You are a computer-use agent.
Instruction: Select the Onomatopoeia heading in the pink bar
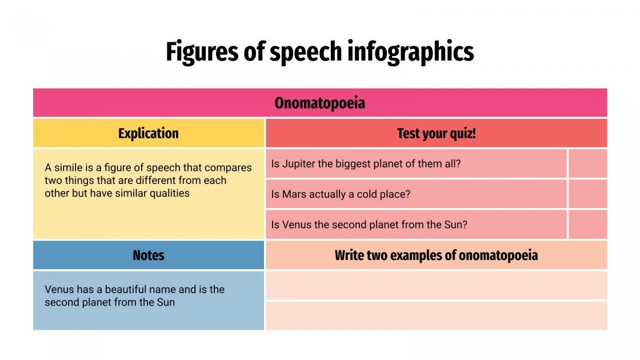319,103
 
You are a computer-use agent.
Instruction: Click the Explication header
149,134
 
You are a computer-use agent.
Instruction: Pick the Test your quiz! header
437,134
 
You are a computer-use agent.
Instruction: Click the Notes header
149,255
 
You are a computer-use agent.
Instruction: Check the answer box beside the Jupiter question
587,164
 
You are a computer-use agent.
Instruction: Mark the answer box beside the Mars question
587,194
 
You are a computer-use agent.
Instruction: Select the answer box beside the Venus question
587,225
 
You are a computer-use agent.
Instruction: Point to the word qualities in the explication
169,193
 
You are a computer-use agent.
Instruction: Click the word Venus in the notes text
59,290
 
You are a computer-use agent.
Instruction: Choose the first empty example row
436,286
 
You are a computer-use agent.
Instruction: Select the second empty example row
436,315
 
